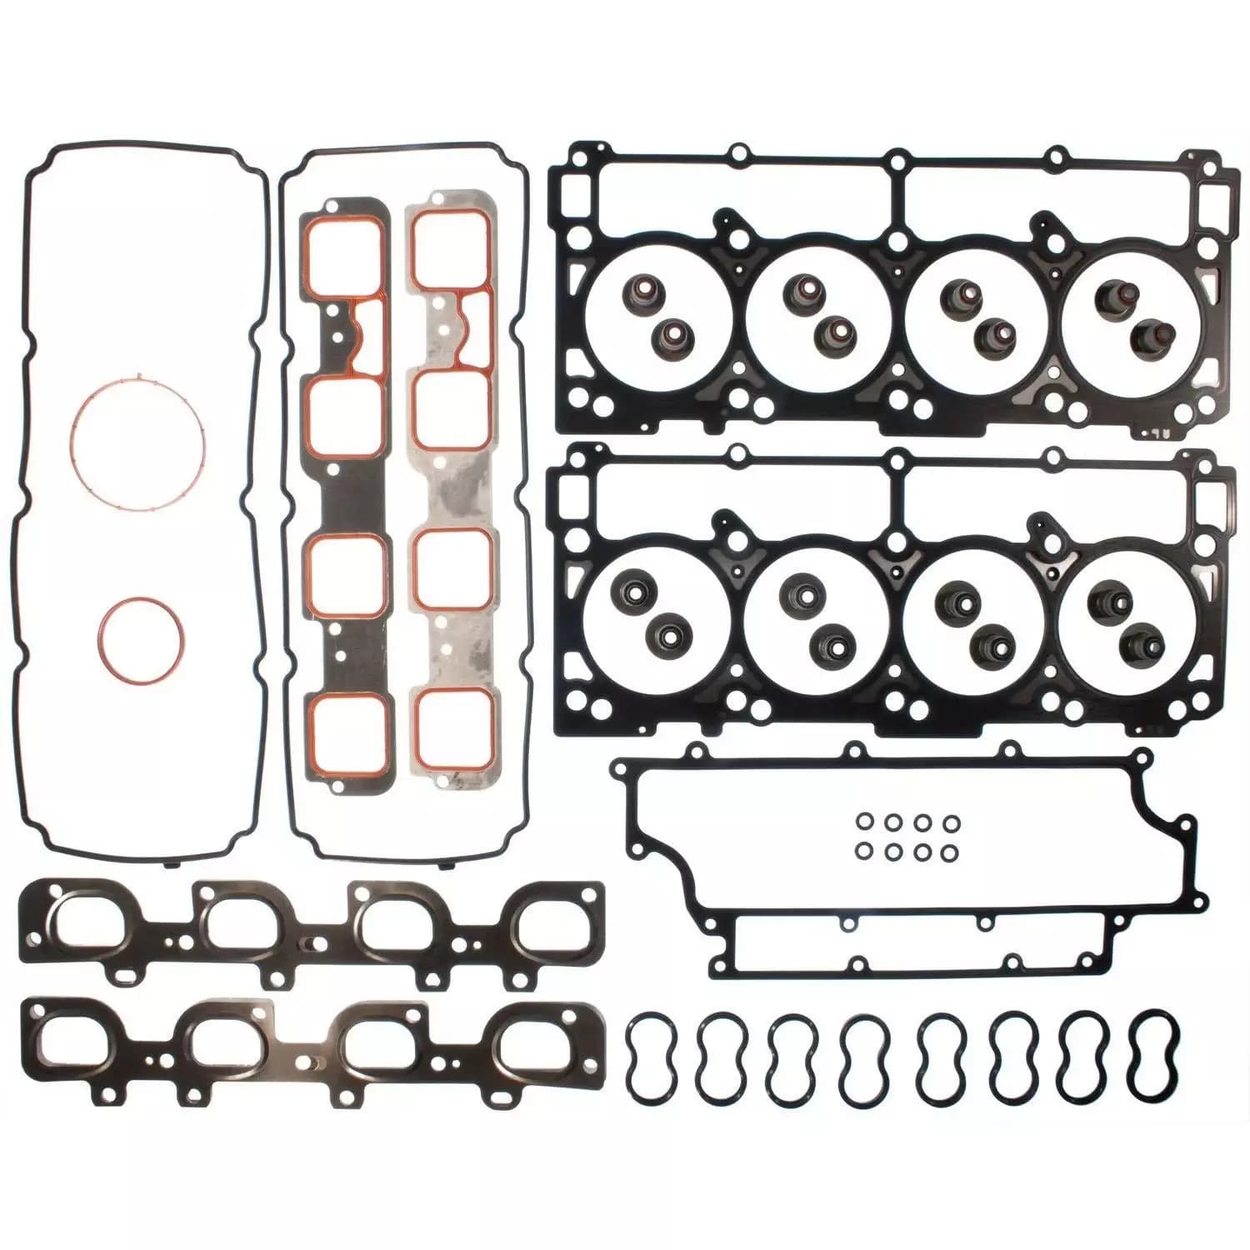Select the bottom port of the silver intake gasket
[451, 729]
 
